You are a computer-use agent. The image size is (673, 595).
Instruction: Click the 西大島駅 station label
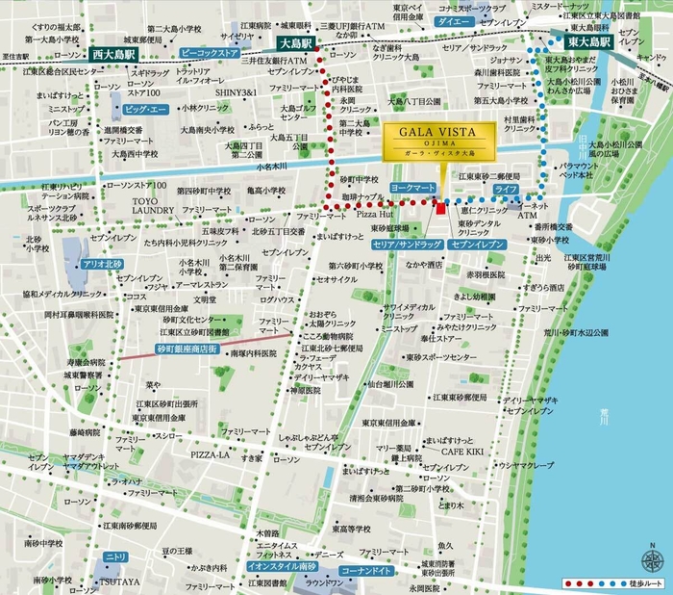click(x=112, y=55)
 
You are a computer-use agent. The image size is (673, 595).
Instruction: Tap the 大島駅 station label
click(x=298, y=44)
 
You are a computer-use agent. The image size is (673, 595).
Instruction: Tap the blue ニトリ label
click(x=115, y=557)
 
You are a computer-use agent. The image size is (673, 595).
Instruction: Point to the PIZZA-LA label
click(x=209, y=453)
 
